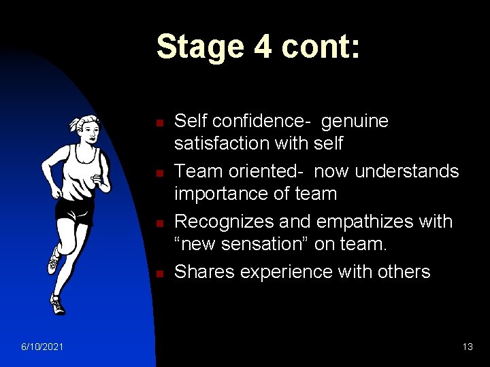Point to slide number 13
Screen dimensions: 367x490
tap(467, 347)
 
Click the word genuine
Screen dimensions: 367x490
tap(355, 122)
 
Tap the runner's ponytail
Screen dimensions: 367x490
tap(73, 125)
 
